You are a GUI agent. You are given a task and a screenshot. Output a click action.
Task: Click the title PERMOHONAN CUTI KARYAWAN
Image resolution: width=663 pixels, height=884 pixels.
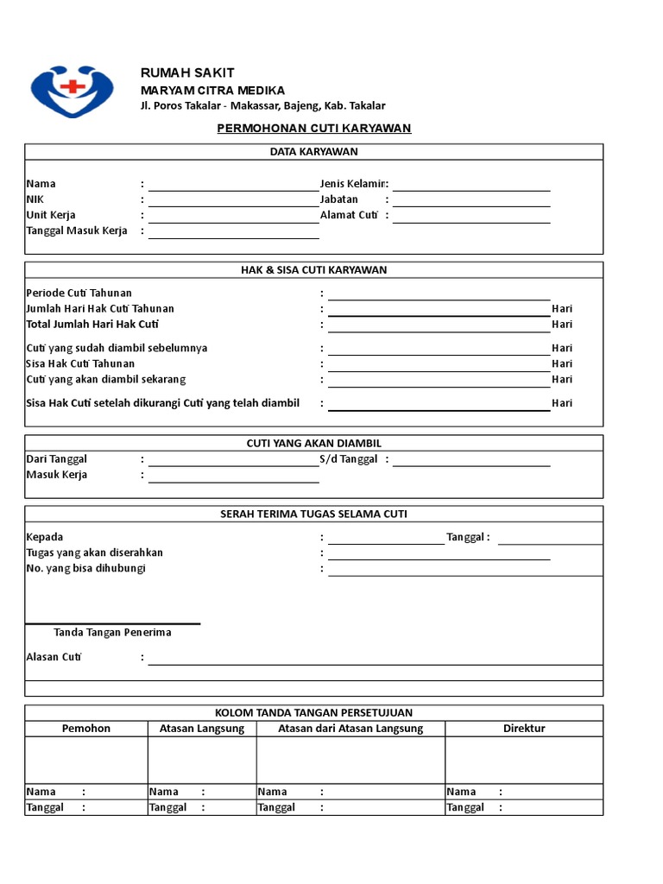313,129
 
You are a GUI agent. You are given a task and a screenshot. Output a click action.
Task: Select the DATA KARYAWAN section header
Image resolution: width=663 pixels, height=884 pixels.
313,152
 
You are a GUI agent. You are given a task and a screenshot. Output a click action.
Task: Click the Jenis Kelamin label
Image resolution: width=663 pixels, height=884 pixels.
354,184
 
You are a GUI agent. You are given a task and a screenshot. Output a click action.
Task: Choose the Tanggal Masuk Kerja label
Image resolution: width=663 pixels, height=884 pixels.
77,230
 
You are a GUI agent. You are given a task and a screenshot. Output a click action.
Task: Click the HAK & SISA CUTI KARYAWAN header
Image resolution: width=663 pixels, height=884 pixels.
313,270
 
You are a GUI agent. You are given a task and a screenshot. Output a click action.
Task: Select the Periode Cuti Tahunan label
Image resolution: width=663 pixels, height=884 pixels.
79,294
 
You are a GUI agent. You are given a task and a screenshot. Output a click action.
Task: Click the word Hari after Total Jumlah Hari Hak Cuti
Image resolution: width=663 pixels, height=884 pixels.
562,325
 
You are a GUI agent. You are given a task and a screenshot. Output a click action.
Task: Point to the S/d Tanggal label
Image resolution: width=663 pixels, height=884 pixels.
349,459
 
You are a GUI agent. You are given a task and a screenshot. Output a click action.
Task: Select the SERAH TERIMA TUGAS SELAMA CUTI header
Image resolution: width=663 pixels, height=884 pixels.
313,515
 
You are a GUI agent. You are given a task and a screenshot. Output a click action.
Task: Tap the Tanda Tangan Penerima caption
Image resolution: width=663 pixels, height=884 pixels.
112,633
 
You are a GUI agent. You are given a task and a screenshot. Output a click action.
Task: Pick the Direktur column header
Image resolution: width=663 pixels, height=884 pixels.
524,729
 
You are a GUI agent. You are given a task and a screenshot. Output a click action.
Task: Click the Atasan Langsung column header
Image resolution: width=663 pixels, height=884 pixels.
202,729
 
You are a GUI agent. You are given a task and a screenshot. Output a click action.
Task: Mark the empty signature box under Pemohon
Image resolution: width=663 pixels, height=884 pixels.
86,760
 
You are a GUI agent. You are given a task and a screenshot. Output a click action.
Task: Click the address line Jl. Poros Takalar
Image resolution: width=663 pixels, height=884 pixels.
263,106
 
